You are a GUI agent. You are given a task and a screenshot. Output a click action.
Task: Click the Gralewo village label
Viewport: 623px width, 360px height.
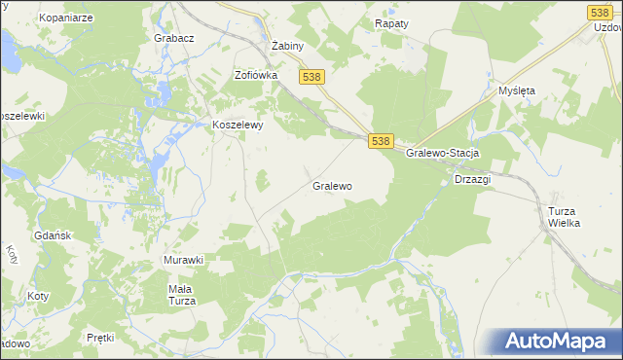[332, 185]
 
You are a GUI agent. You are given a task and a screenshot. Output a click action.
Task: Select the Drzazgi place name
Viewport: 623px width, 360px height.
[473, 179]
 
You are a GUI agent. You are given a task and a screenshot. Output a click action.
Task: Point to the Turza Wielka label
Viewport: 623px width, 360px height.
[564, 217]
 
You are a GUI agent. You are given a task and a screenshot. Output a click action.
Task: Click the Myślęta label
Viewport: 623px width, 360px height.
[517, 90]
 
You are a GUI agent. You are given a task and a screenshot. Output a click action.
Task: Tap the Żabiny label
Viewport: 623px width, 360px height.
[288, 46]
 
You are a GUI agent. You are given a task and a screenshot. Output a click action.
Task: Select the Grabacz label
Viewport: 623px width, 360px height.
[174, 38]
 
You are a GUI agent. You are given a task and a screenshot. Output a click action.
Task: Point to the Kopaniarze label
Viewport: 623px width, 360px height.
[64, 18]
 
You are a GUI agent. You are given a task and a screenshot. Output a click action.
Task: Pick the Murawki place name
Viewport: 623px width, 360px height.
[183, 260]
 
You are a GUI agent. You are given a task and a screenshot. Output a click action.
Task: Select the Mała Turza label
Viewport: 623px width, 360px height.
[182, 295]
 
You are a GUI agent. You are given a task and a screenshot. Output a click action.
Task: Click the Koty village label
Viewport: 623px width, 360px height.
[39, 295]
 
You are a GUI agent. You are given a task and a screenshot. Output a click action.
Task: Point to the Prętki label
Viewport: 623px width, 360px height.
[100, 338]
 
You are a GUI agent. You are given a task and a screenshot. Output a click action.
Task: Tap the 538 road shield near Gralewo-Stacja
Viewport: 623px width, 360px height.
[381, 141]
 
